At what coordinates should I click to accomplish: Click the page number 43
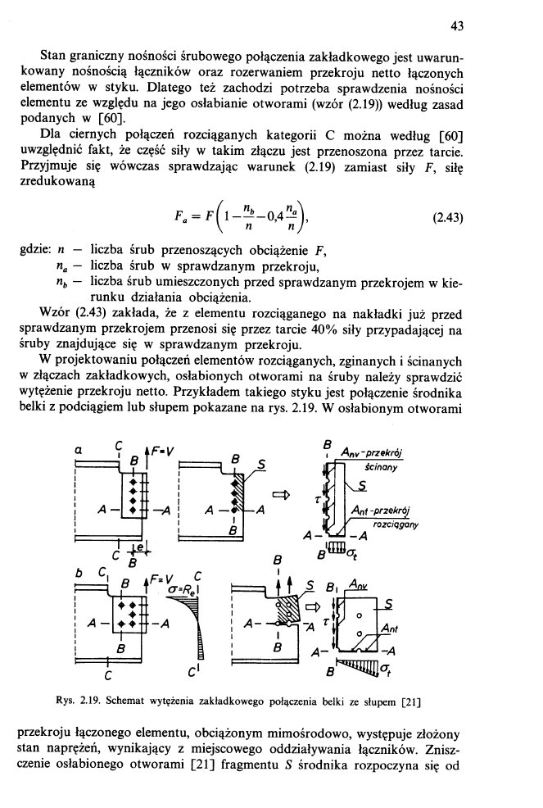point(458,27)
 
